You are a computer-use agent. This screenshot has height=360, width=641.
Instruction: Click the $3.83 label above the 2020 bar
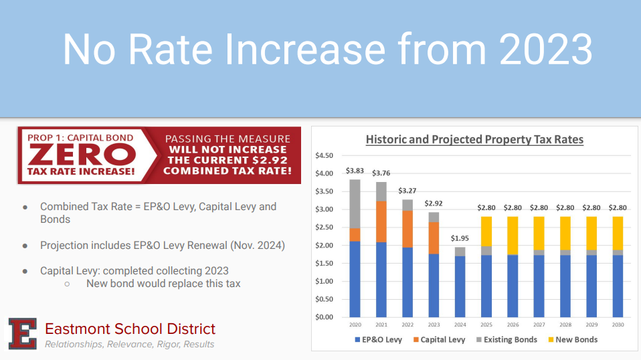(x=355, y=171)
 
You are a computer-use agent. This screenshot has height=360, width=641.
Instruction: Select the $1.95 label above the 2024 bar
(x=461, y=238)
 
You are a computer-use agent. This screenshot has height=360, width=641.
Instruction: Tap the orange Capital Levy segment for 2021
(x=381, y=221)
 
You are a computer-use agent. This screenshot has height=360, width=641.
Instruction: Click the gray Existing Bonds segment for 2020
(x=355, y=203)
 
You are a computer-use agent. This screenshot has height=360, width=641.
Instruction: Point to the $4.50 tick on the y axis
(x=324, y=156)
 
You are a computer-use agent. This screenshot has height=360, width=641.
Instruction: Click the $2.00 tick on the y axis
(x=324, y=246)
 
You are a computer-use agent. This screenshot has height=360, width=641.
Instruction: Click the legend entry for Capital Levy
(x=438, y=340)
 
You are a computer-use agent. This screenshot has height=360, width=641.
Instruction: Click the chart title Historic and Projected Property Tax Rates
(x=474, y=140)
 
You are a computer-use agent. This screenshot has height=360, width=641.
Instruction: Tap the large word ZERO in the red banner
(x=82, y=155)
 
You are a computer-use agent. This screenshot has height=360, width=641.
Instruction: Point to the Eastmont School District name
(x=130, y=329)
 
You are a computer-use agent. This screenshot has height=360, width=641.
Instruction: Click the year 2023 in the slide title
(x=545, y=49)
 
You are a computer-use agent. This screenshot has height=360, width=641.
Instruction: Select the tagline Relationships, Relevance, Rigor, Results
(x=129, y=344)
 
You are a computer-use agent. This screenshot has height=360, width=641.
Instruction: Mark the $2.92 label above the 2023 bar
(x=434, y=203)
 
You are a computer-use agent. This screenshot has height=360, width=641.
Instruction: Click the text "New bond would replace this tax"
(x=163, y=284)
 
